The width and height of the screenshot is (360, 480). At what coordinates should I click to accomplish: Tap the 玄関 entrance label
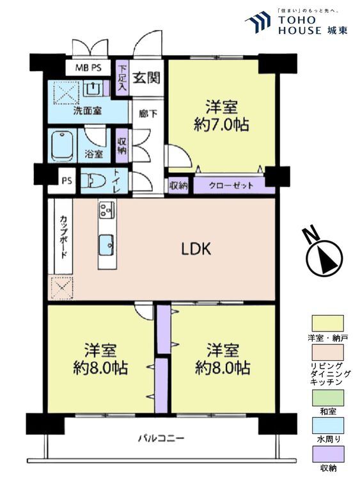[x=146, y=78]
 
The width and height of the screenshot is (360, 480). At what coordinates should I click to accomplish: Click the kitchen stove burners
[x=106, y=209]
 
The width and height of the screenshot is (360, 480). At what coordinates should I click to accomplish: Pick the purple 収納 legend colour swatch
[x=327, y=453]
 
